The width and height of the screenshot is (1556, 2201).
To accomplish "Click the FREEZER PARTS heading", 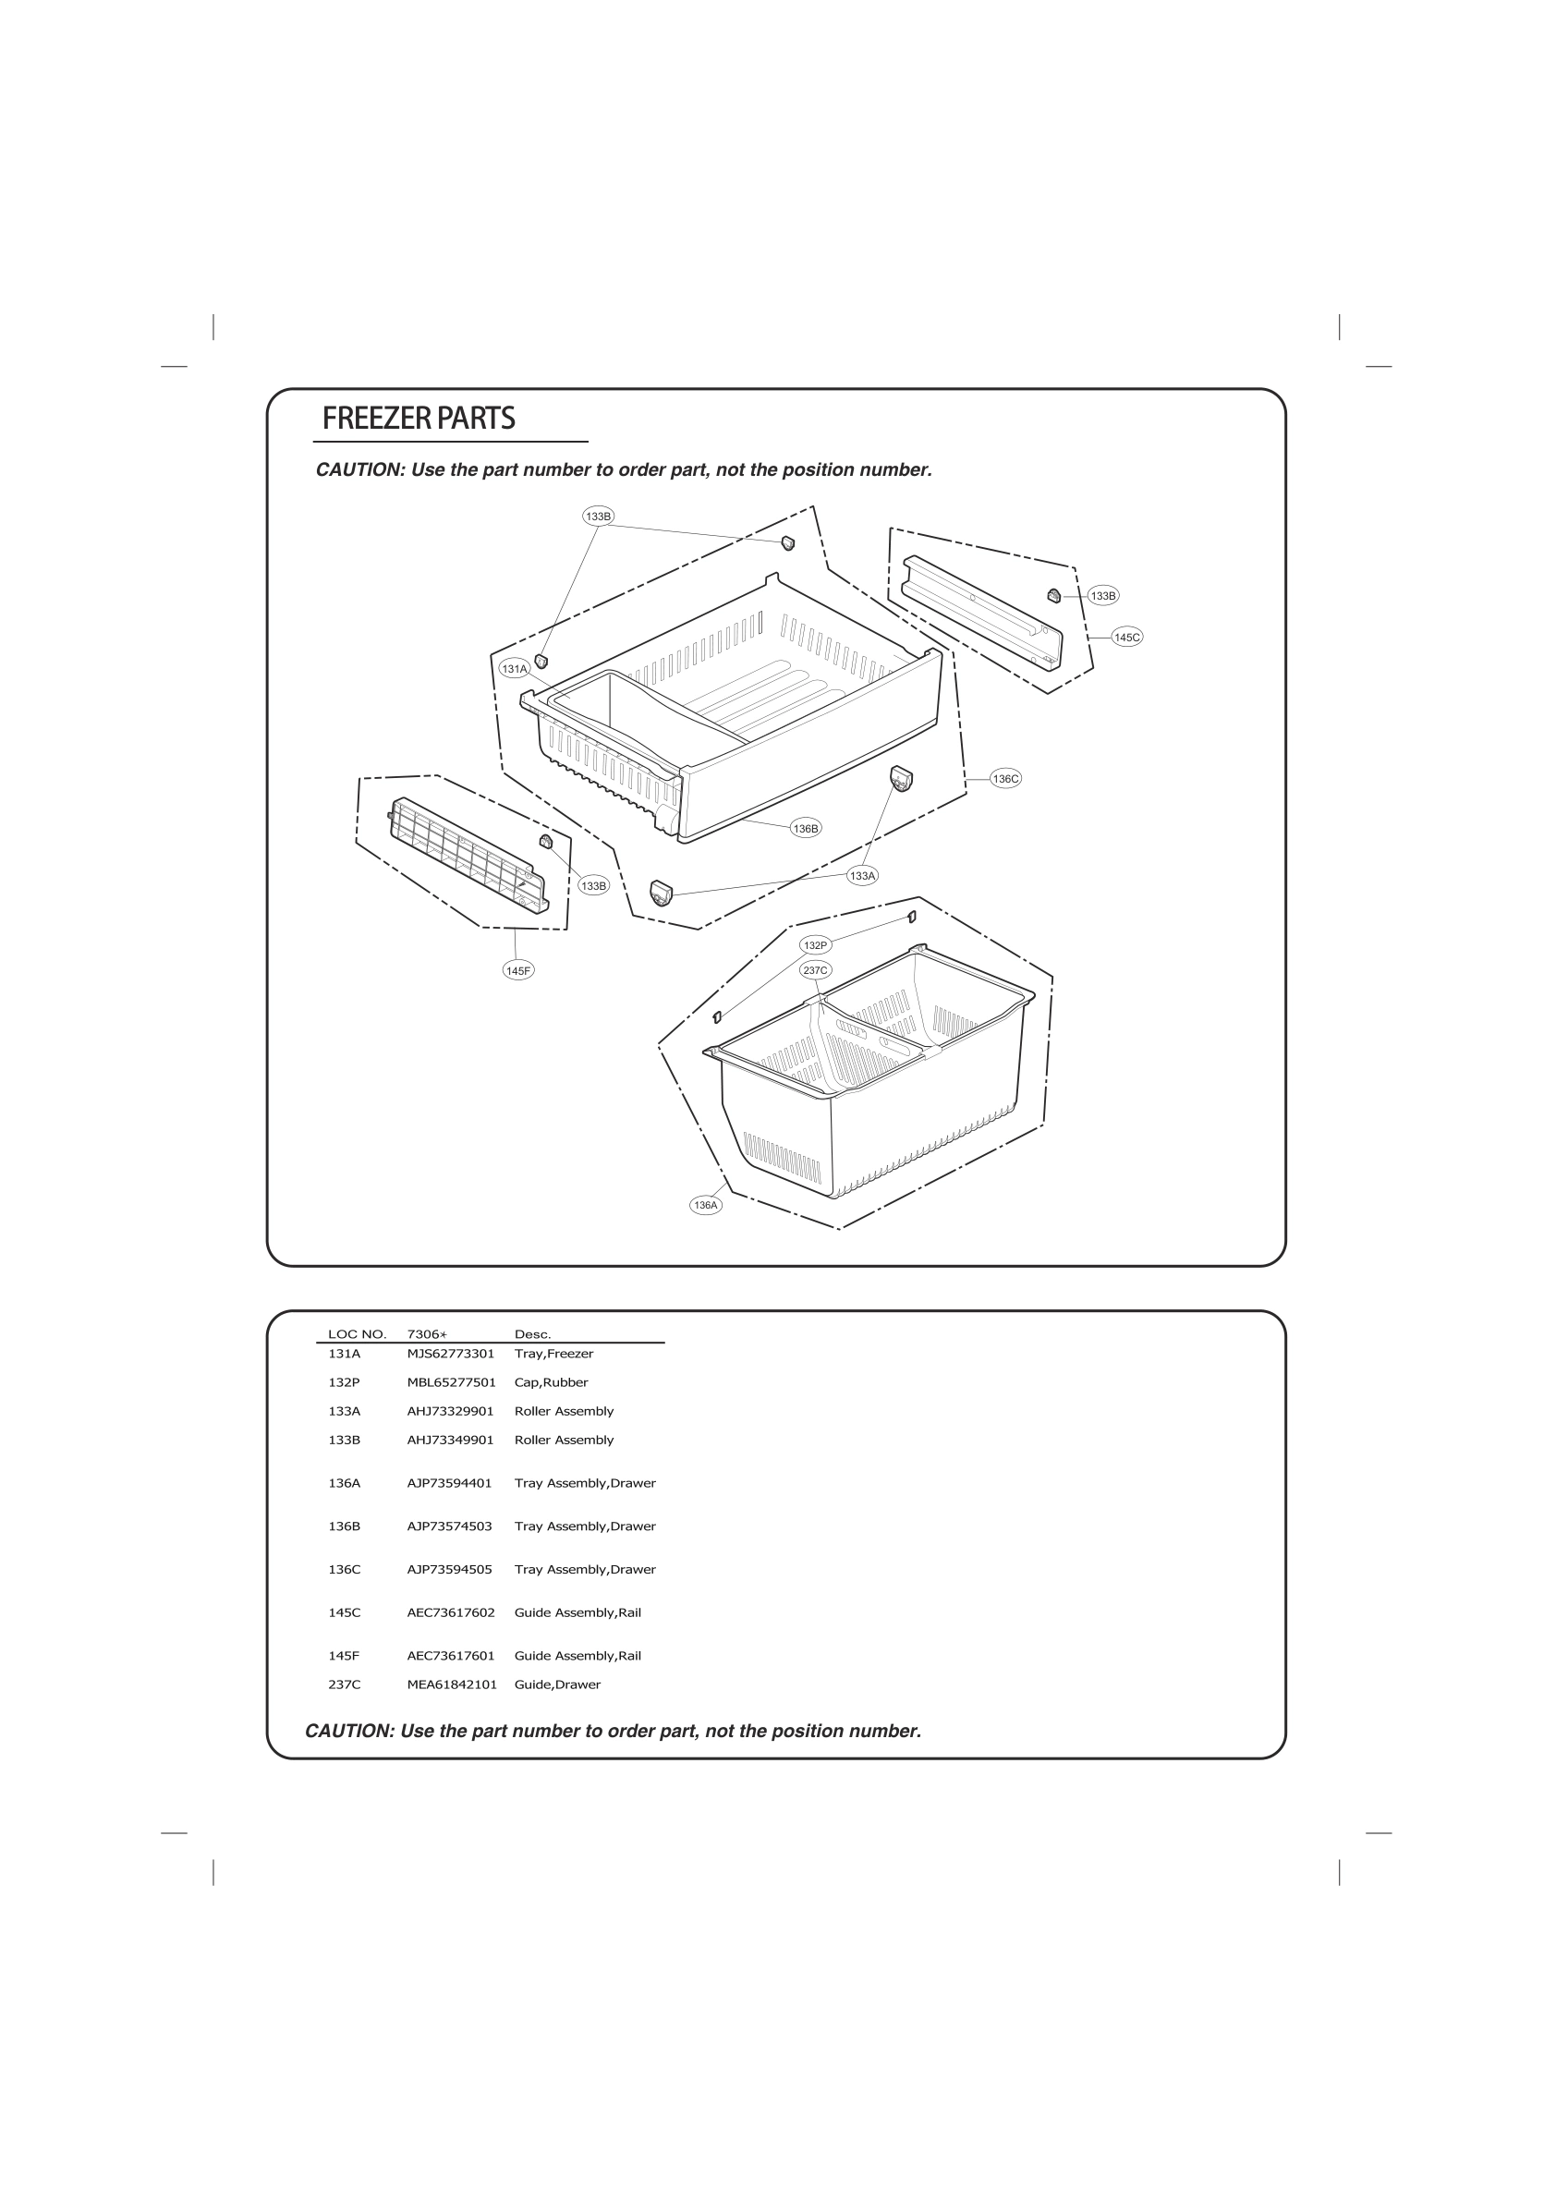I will coord(418,419).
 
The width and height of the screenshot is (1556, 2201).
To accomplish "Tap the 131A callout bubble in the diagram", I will coord(515,669).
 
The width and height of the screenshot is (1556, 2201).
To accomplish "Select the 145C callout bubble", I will coord(1127,638).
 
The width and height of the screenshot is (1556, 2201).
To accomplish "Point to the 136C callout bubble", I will coord(1005,779).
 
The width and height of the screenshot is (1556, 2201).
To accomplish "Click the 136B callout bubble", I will coord(807,828).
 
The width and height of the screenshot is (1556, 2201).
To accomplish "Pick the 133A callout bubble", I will coord(863,875).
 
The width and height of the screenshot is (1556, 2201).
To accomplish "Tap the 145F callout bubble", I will coord(517,971).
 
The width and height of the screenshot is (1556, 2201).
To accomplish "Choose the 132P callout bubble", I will coord(815,945).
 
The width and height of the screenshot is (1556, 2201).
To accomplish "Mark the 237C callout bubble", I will coord(815,970).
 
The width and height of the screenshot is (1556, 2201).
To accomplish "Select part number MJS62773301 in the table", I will coord(451,1354).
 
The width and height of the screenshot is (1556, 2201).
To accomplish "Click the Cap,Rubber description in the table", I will coord(552,1382).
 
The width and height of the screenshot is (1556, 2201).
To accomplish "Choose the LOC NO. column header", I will coord(357,1334).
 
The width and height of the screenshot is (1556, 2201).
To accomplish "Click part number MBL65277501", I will coord(452,1382).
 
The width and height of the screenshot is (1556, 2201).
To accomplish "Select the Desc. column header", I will coord(533,1334).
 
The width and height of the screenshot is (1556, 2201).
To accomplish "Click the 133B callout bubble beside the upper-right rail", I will coord(1103,596).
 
